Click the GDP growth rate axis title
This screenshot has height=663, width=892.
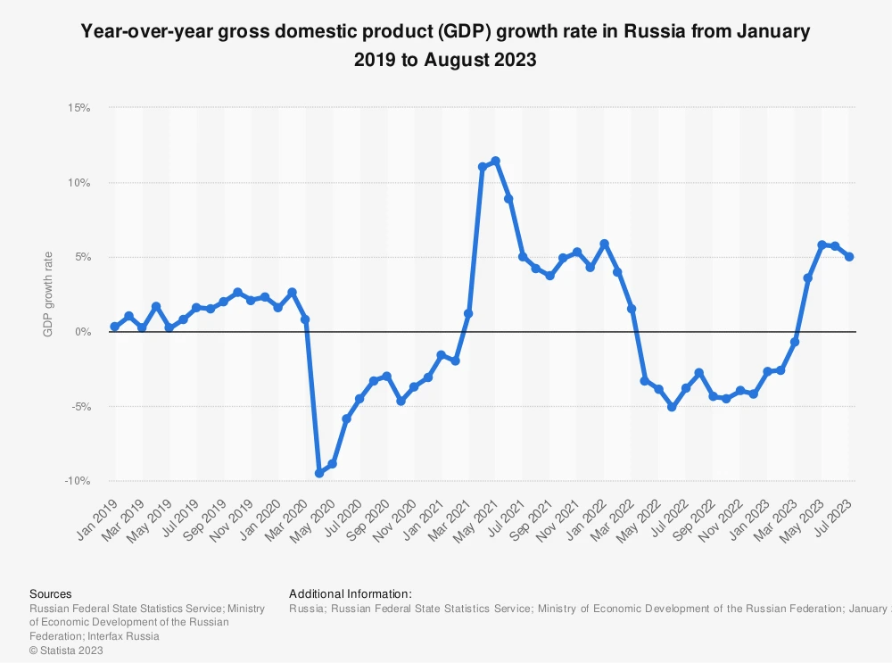click(48, 294)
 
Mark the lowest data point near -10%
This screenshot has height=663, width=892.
click(318, 473)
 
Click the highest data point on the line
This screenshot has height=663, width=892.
click(495, 161)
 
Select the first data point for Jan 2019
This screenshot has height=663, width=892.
click(114, 327)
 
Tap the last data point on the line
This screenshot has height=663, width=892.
click(849, 257)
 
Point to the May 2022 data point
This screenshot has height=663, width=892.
click(658, 389)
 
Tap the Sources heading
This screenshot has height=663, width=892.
click(51, 593)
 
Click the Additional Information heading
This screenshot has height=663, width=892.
click(351, 593)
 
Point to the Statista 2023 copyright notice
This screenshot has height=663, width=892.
click(66, 651)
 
